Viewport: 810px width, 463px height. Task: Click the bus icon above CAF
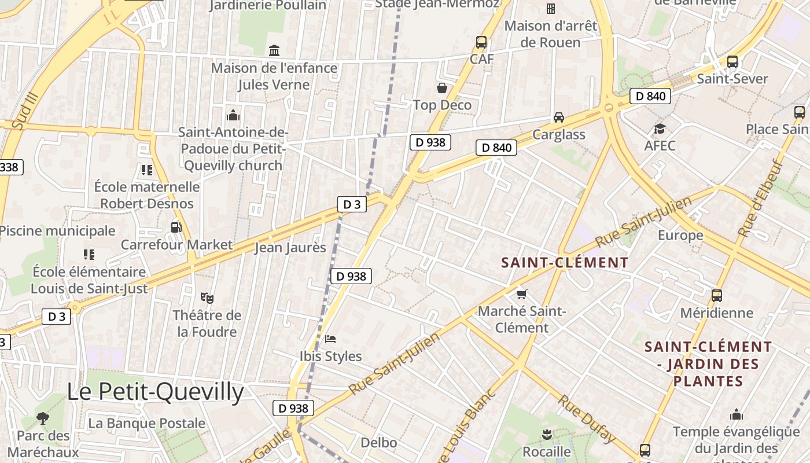tap(481, 42)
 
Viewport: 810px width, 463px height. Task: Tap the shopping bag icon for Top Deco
tap(442, 88)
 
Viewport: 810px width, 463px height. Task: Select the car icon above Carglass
tap(559, 117)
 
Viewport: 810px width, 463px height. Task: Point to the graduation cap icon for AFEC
tap(660, 128)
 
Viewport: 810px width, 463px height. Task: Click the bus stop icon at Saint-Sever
tap(732, 62)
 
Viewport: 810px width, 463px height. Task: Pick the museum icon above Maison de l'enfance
tap(274, 51)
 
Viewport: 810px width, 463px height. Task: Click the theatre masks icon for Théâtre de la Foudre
tap(207, 298)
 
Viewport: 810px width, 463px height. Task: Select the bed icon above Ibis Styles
tap(330, 339)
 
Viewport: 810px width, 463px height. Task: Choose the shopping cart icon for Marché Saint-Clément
tap(522, 294)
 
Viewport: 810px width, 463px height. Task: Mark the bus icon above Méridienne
tap(717, 296)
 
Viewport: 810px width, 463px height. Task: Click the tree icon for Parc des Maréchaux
tap(42, 418)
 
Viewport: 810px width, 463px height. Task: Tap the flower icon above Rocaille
tap(547, 433)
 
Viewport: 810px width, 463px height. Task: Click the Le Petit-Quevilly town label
tap(155, 392)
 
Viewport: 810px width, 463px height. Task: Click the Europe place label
tap(680, 235)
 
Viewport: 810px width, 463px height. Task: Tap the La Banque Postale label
tap(146, 423)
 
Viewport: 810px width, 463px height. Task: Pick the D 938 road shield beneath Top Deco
tap(430, 142)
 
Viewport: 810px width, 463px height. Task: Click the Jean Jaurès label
tap(291, 248)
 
